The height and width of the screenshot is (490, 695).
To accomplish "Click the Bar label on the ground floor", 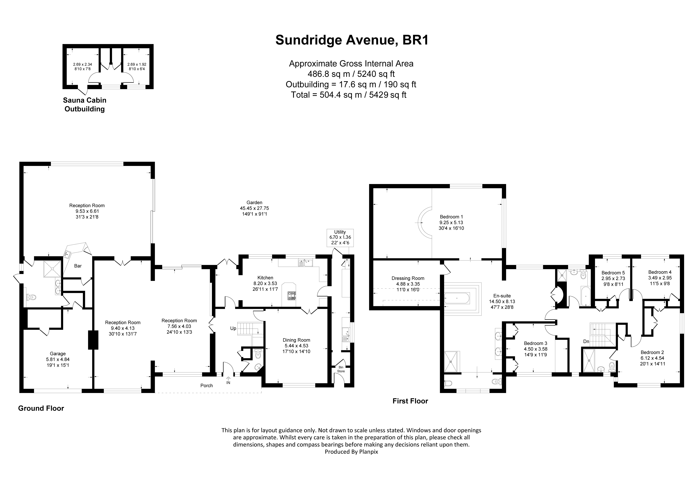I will coord(78,266).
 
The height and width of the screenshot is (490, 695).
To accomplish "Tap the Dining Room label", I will coord(296,346).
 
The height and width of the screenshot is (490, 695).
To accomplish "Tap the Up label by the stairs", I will coord(233,328).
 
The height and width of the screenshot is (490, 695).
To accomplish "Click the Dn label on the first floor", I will coord(586,341).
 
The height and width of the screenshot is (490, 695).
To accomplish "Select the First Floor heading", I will coord(410,401).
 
